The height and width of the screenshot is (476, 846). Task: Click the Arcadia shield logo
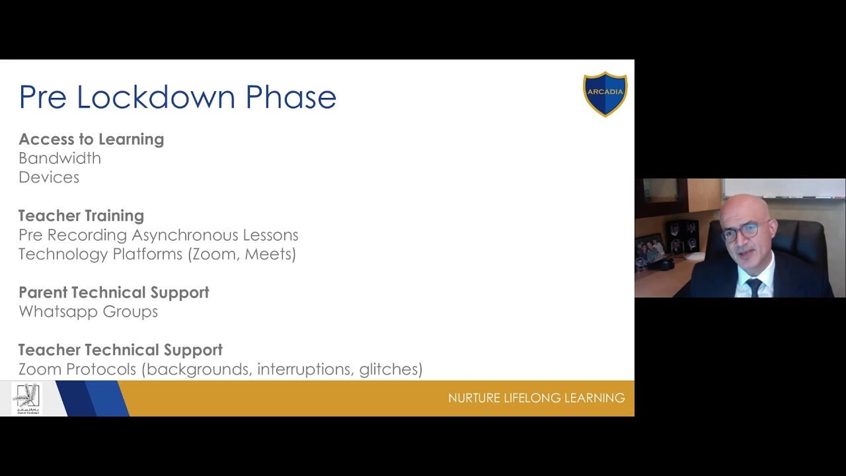(x=605, y=94)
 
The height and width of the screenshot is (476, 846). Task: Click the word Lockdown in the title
(x=155, y=97)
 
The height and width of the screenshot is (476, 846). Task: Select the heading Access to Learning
(x=91, y=139)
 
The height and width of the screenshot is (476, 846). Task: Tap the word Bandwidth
(x=59, y=158)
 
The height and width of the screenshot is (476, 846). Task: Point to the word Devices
(x=49, y=177)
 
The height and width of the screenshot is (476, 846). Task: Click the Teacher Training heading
(x=81, y=216)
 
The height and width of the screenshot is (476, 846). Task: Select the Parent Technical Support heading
(x=114, y=292)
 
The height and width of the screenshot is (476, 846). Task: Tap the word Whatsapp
(x=59, y=311)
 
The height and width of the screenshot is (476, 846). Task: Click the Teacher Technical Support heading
(x=120, y=350)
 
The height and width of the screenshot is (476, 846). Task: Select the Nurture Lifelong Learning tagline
(x=536, y=398)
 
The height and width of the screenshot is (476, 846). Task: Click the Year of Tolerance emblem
(x=27, y=399)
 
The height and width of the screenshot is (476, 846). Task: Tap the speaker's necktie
(x=754, y=287)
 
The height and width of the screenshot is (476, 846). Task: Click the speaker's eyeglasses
(x=741, y=232)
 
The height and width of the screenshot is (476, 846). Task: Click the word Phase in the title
(x=291, y=97)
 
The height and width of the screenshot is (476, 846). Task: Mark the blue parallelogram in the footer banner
(x=93, y=398)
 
